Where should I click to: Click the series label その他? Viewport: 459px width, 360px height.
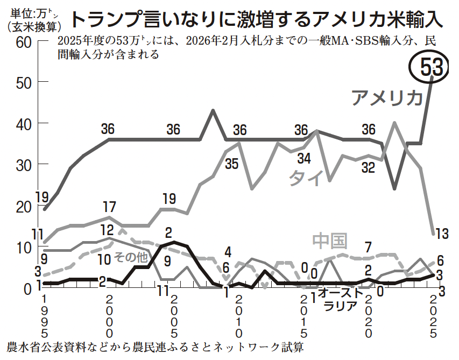coord(131,258)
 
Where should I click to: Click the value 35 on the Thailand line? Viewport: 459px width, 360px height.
coord(231,163)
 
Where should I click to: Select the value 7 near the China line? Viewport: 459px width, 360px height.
coord(368,248)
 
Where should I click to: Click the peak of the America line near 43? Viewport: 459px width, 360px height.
coord(213,110)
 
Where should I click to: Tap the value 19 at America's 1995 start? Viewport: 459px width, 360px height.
coord(43,197)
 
